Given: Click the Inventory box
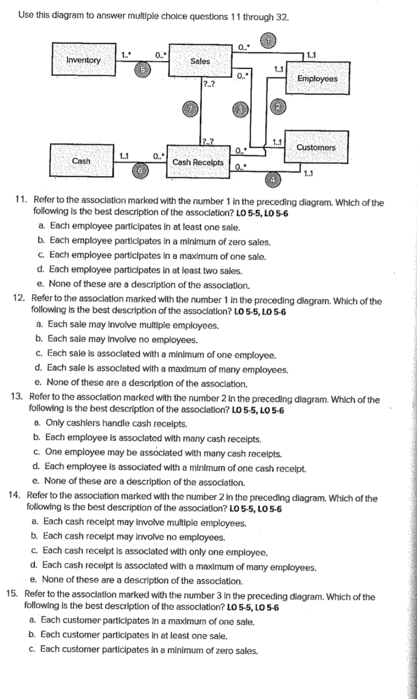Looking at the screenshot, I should point(83,61).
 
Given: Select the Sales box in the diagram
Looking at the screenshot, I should point(200,61).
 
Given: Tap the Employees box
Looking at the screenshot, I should point(317,79).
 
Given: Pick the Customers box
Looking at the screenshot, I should point(316,147).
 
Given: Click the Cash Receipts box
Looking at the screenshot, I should point(198,162).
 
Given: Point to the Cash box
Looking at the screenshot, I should point(81,161).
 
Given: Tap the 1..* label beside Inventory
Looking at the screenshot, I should point(126,55).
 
